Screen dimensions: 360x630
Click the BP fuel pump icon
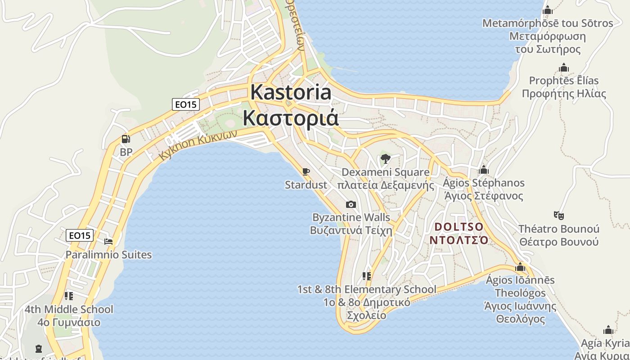pos(126,139)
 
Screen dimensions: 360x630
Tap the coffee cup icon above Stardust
pos(306,171)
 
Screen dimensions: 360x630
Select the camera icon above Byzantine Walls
pos(351,205)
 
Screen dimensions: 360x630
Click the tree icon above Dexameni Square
pos(385,158)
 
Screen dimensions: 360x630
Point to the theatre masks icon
pos(559,216)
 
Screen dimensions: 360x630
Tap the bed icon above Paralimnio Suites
pos(108,242)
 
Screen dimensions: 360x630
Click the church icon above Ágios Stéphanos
pos(484,170)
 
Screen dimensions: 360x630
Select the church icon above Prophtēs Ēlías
pos(564,68)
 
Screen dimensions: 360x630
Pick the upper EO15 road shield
pos(186,104)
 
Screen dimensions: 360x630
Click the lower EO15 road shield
pos(80,235)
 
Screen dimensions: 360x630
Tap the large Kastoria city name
pos(291,92)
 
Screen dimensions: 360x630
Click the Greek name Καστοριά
pos(291,117)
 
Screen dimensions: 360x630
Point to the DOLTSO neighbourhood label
pos(459,226)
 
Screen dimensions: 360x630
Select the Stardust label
pos(306,184)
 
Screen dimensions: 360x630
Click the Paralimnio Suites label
pos(108,255)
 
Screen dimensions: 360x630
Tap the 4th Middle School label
pos(69,310)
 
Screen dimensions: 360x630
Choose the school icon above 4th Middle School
pos(68,296)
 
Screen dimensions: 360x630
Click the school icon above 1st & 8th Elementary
pos(367,276)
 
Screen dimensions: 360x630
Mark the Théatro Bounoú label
pos(559,229)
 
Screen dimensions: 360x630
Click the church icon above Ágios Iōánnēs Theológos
pos(520,267)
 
